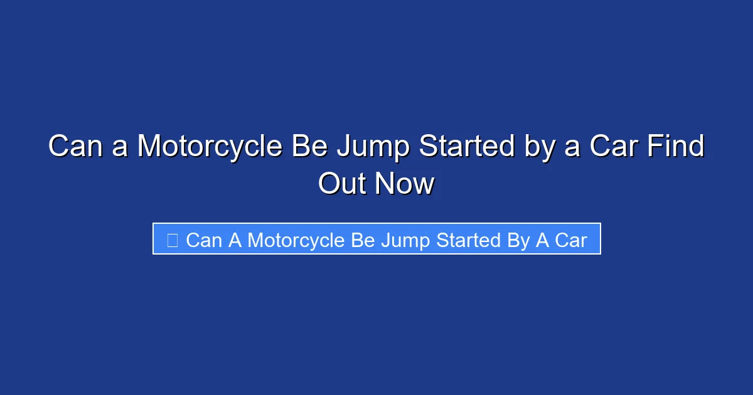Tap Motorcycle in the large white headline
click(x=210, y=147)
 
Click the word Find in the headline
click(x=680, y=147)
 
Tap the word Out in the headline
click(x=344, y=184)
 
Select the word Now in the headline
click(x=405, y=184)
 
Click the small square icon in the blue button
click(x=173, y=240)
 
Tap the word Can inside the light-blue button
click(x=204, y=240)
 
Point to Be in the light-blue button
click(x=363, y=240)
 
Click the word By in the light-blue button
click(x=518, y=240)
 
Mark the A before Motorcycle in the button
click(x=235, y=240)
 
